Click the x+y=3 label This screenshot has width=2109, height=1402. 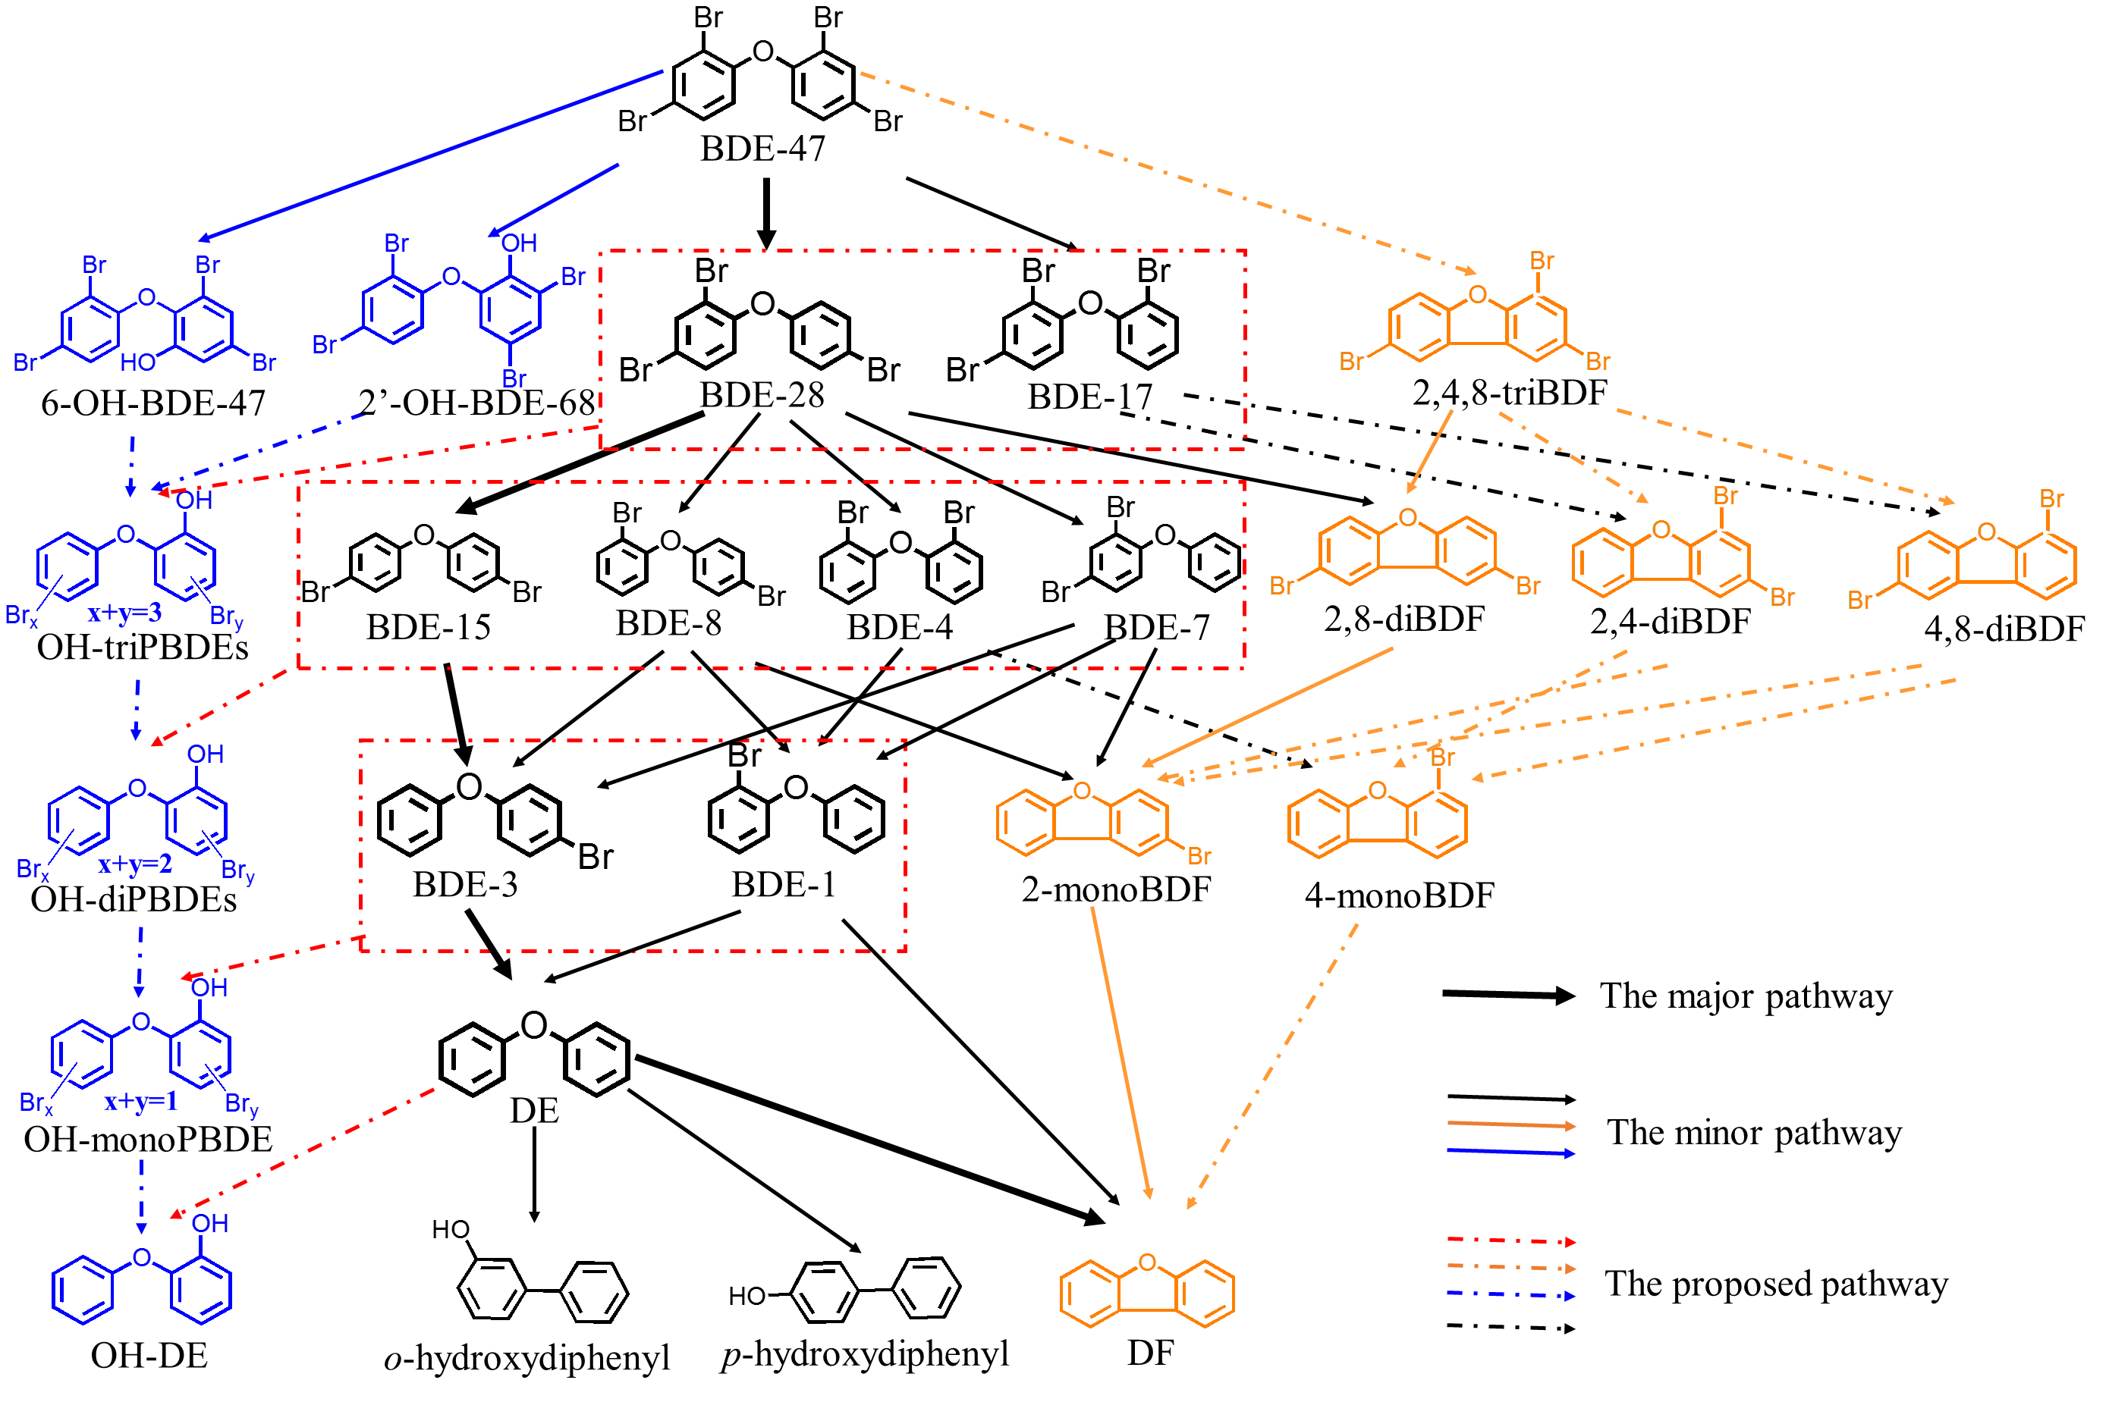pos(124,613)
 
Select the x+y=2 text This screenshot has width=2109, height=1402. pos(135,864)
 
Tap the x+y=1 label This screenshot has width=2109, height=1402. pos(140,1101)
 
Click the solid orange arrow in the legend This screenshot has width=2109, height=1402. pos(1510,1124)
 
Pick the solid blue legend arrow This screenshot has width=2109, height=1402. pos(1510,1152)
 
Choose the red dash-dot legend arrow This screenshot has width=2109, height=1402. pos(1510,1240)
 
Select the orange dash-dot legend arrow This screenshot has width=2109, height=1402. pos(1510,1267)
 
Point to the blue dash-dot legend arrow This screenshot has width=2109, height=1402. pos(1510,1294)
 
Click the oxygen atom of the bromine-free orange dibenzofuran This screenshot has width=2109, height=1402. pos(1148,1262)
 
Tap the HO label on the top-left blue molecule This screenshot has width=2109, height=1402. pos(138,362)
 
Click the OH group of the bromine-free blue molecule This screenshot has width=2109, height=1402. pos(210,1223)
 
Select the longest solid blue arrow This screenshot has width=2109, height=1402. pos(430,155)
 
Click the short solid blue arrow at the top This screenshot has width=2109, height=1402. pos(555,200)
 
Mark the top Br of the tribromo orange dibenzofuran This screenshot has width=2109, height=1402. pos(1541,260)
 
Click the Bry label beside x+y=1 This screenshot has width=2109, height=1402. pos(241,1106)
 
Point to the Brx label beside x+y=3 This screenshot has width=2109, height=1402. pos(21,616)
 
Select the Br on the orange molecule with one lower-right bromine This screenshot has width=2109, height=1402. pos(1199,856)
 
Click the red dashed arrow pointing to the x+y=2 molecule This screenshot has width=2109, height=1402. pos(224,707)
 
